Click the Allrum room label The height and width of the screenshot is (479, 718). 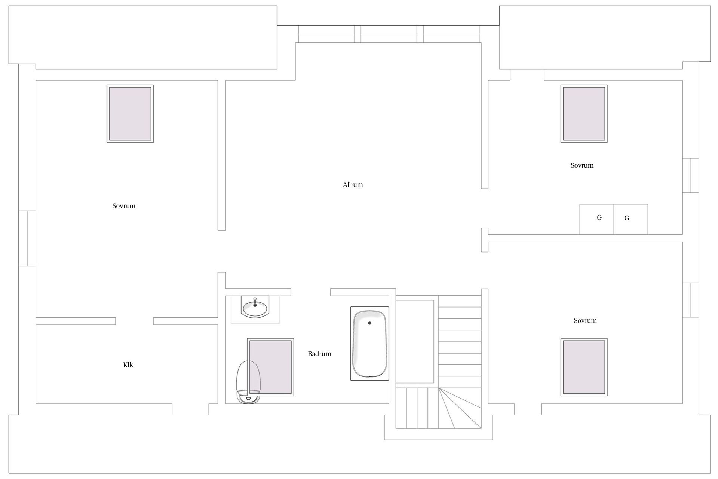(x=353, y=185)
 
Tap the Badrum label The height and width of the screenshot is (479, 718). (x=319, y=354)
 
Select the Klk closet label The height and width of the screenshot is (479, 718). (x=128, y=365)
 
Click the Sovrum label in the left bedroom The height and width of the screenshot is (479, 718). (x=124, y=206)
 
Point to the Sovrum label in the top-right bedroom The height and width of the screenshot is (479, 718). (x=582, y=165)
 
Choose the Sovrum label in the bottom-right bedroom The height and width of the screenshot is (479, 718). (x=585, y=321)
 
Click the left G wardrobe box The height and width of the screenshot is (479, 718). (x=597, y=219)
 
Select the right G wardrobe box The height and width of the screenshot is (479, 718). (x=631, y=219)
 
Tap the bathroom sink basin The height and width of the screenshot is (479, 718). (x=255, y=308)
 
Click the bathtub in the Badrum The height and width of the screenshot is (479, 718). (x=369, y=344)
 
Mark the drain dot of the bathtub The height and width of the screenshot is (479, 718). (x=369, y=323)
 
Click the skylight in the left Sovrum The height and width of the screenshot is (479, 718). (x=130, y=113)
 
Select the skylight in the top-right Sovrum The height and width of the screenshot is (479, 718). (x=584, y=113)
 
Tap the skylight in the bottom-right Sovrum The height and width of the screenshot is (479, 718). (x=584, y=367)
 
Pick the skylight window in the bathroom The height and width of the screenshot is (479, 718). (x=270, y=367)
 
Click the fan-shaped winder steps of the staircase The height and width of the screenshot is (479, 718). (x=460, y=408)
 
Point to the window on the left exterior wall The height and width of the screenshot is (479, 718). (x=27, y=238)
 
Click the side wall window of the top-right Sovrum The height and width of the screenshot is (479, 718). (x=691, y=176)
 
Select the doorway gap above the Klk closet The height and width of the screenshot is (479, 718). (x=134, y=321)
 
